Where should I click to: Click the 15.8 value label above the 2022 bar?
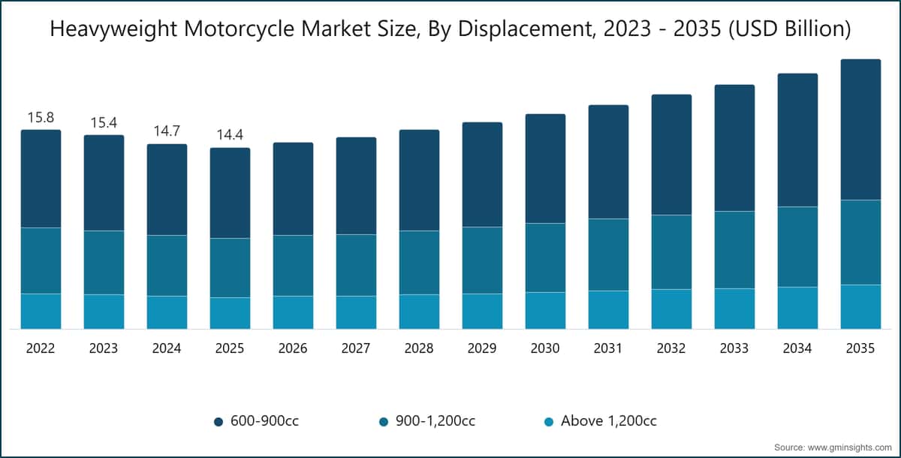click(x=41, y=117)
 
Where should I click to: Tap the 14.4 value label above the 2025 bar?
click(x=230, y=134)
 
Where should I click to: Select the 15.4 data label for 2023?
click(x=104, y=122)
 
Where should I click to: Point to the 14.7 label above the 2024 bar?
click(x=167, y=131)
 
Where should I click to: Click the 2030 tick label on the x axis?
click(x=545, y=348)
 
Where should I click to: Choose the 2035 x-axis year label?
click(x=860, y=348)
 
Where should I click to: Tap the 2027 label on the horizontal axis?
click(x=356, y=348)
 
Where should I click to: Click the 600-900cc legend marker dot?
click(x=218, y=422)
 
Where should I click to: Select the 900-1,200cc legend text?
click(x=435, y=421)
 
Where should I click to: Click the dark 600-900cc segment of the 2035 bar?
click(x=860, y=129)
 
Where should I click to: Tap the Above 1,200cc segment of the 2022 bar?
click(x=41, y=312)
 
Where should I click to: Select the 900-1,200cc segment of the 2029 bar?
click(x=482, y=261)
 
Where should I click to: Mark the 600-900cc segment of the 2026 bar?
click(x=294, y=188)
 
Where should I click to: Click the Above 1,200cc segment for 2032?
click(x=672, y=309)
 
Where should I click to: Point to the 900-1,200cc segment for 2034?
click(x=797, y=247)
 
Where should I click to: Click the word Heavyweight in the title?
click(x=113, y=30)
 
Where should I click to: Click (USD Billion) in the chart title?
click(x=790, y=29)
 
